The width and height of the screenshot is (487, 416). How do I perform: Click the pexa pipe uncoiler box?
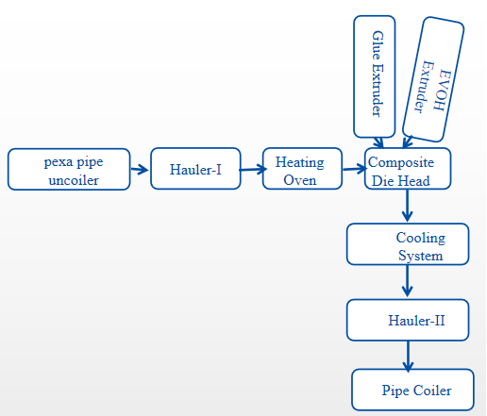click(69, 169)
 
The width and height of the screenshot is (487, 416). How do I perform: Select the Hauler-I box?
click(195, 169)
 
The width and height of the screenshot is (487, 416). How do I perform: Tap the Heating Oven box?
click(302, 169)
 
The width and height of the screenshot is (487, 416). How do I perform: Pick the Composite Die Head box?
click(408, 169)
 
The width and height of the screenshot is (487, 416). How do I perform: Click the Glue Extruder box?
click(375, 76)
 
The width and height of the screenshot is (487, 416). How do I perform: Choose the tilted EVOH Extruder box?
click(433, 79)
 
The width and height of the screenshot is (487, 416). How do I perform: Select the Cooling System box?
click(408, 244)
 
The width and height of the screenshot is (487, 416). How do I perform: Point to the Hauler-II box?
click(408, 320)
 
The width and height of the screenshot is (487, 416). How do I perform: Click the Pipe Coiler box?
click(412, 390)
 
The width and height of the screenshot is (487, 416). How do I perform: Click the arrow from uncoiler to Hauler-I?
click(140, 170)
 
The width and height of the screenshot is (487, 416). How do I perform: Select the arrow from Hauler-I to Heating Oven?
click(253, 170)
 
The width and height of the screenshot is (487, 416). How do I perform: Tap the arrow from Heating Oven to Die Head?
click(355, 169)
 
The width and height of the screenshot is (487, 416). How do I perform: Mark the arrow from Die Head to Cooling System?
click(408, 206)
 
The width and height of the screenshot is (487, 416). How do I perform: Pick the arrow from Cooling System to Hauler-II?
click(408, 281)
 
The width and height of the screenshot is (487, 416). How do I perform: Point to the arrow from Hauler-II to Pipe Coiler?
click(408, 357)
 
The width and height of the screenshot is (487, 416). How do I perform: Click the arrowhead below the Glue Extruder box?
click(378, 142)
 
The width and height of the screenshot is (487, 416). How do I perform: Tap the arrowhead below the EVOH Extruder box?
click(407, 141)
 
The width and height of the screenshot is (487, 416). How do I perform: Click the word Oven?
click(300, 180)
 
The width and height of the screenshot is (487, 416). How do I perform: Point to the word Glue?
click(378, 45)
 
